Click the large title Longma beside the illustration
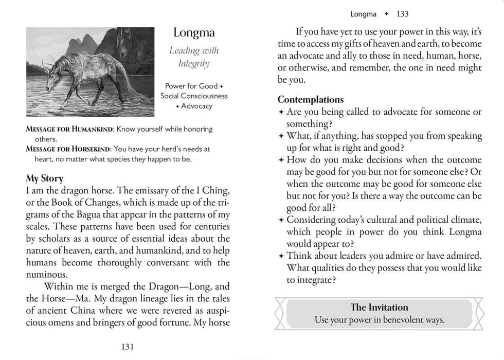[x=194, y=33]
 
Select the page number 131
[x=127, y=347]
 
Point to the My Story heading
[x=45, y=178]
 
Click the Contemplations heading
[x=311, y=99]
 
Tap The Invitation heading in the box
[x=379, y=307]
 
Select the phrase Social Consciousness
[x=194, y=96]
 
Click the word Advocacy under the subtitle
[x=196, y=106]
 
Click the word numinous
[x=46, y=274]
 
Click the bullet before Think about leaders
[x=281, y=256]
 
